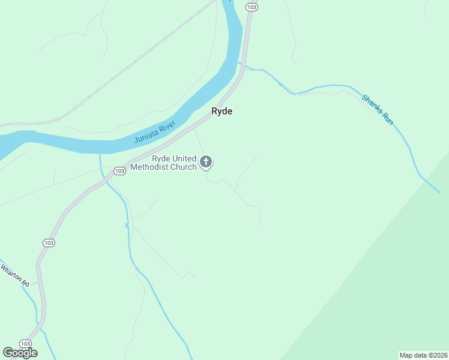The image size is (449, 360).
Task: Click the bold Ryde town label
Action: tap(221, 111)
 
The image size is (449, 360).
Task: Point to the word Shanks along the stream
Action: tap(372, 104)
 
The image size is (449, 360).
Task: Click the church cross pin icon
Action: tap(206, 161)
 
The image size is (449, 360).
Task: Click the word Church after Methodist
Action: tap(183, 167)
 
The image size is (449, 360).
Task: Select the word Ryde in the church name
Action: tap(161, 158)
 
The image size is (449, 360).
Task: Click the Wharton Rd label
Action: tap(14, 275)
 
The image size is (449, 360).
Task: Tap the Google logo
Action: tap(20, 353)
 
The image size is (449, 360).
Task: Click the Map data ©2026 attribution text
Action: tap(423, 355)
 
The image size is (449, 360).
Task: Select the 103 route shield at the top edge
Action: tap(252, 6)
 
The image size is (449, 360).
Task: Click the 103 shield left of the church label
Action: tap(119, 171)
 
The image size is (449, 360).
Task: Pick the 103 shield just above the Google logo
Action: tap(25, 343)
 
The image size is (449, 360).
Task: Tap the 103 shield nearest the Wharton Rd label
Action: tap(49, 242)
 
